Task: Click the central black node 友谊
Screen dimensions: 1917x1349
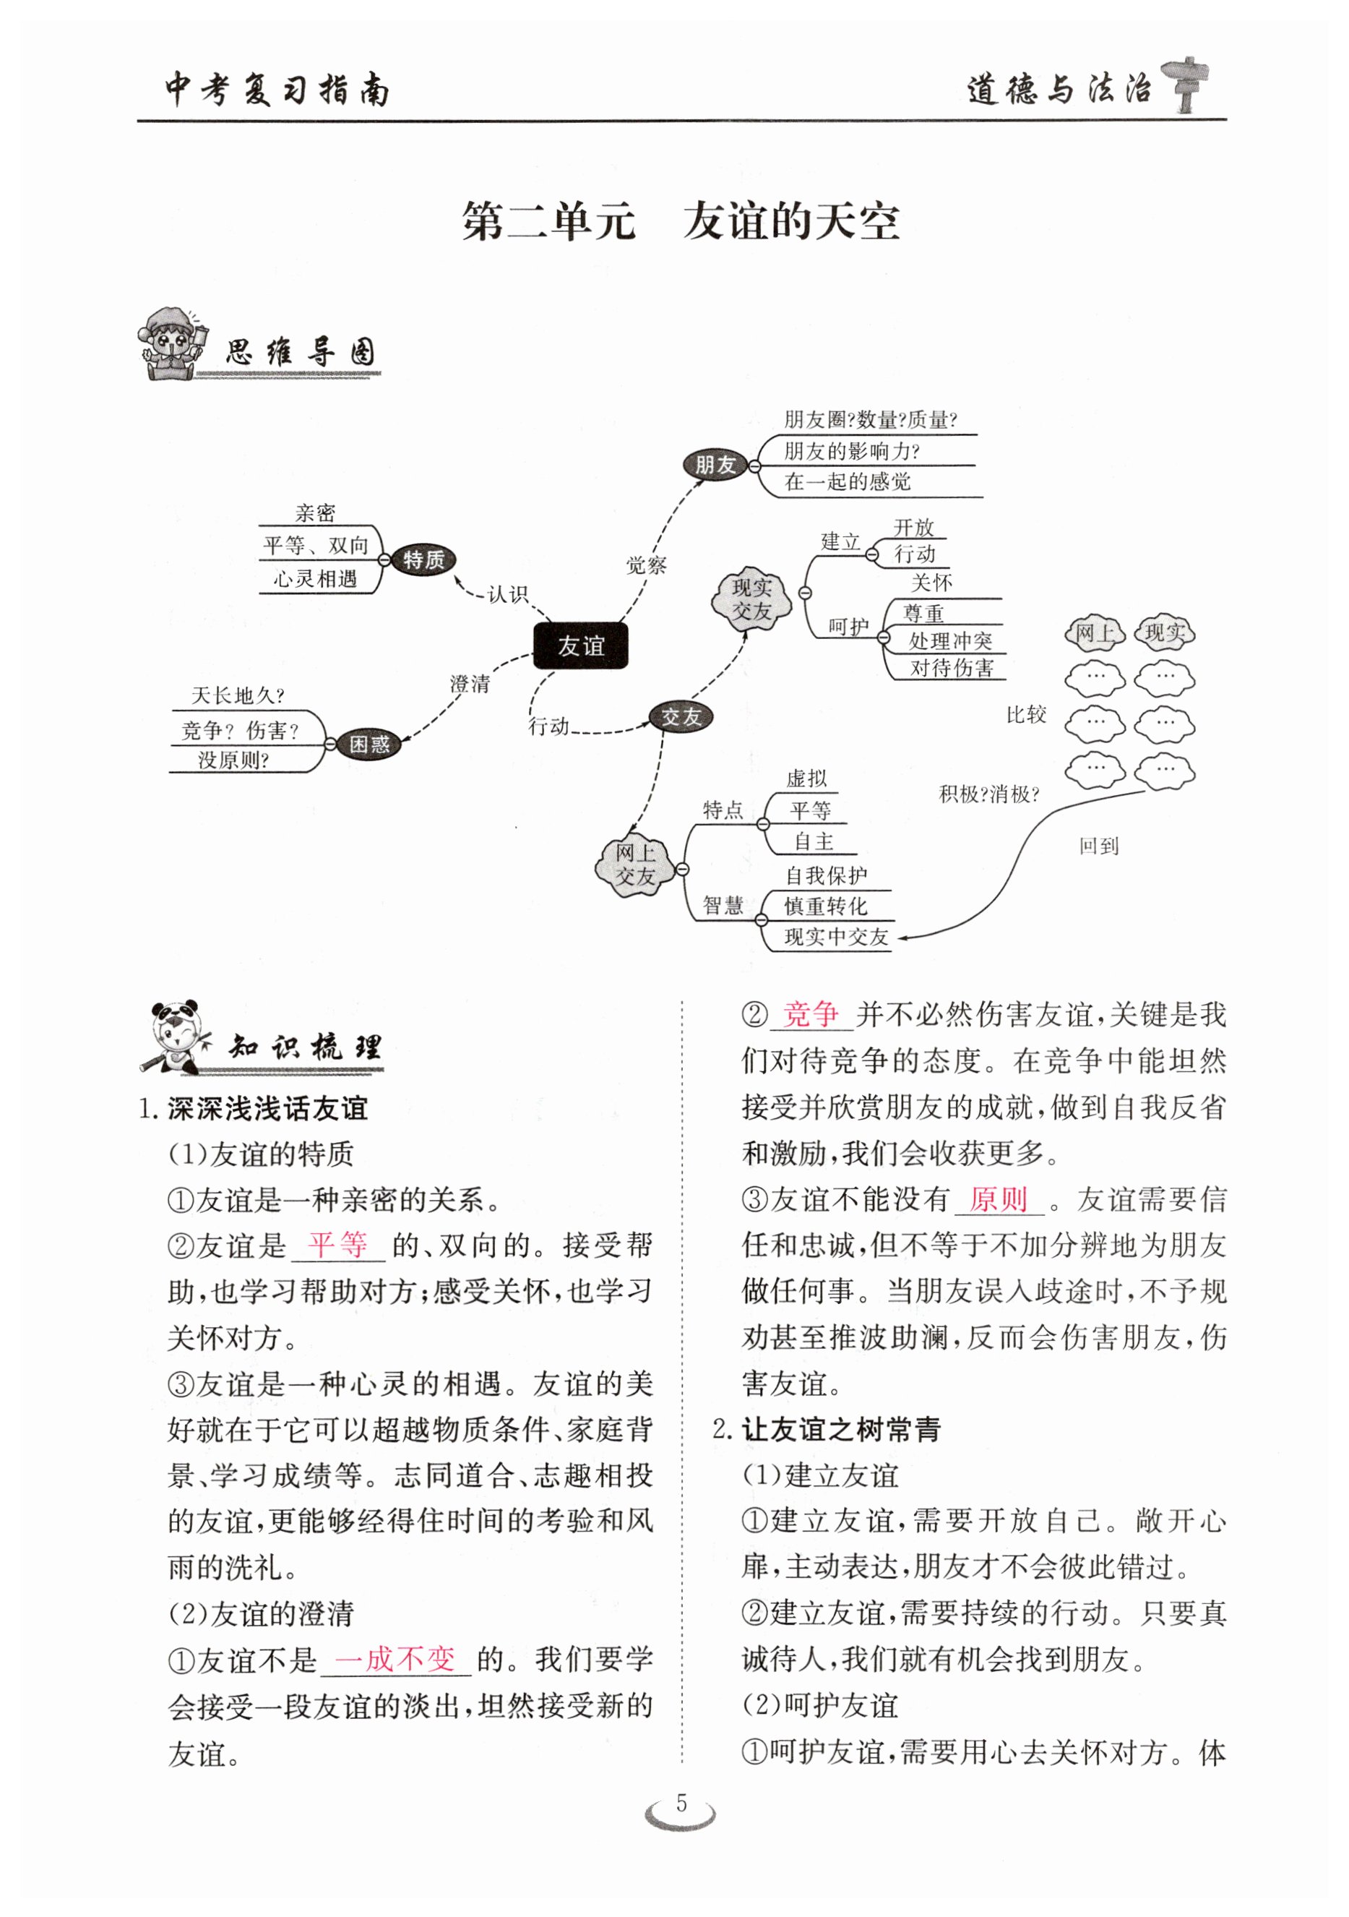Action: click(x=580, y=646)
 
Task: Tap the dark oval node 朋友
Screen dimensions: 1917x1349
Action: click(x=715, y=465)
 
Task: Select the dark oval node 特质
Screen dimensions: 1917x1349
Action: click(x=423, y=559)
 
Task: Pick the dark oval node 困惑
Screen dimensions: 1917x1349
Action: click(x=369, y=743)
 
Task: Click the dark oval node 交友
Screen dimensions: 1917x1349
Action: click(x=681, y=716)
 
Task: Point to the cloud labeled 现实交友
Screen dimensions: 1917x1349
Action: click(x=751, y=599)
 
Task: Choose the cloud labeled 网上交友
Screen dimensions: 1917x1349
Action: click(x=635, y=865)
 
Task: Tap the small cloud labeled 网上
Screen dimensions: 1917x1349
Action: click(x=1095, y=633)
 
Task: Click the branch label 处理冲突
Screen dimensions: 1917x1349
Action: click(x=950, y=640)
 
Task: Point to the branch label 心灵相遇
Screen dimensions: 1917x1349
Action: click(x=316, y=578)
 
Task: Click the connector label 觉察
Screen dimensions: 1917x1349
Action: click(x=646, y=565)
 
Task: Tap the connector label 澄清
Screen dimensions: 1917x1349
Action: click(x=470, y=684)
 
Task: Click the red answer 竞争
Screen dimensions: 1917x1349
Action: click(x=811, y=1013)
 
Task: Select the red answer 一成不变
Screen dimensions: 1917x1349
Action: click(x=396, y=1658)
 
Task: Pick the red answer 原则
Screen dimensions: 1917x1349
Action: click(x=998, y=1199)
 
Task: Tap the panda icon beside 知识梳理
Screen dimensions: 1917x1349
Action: click(x=176, y=1037)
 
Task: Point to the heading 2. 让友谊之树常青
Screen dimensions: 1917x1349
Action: click(x=827, y=1428)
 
